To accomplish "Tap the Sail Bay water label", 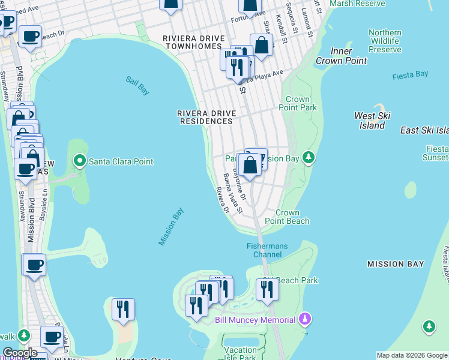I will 137,85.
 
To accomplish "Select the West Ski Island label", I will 372,121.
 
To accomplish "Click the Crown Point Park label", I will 298,103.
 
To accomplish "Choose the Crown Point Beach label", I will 292,217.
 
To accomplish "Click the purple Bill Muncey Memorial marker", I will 305,319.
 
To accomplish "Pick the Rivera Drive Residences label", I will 205,117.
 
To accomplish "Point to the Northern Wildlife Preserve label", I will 385,41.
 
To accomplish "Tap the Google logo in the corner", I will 20,352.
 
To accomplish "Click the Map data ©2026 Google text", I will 411,355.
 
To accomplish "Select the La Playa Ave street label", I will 264,75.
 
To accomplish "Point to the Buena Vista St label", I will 232,194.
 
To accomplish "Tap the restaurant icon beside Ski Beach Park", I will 267,290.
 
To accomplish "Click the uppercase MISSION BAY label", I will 396,264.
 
